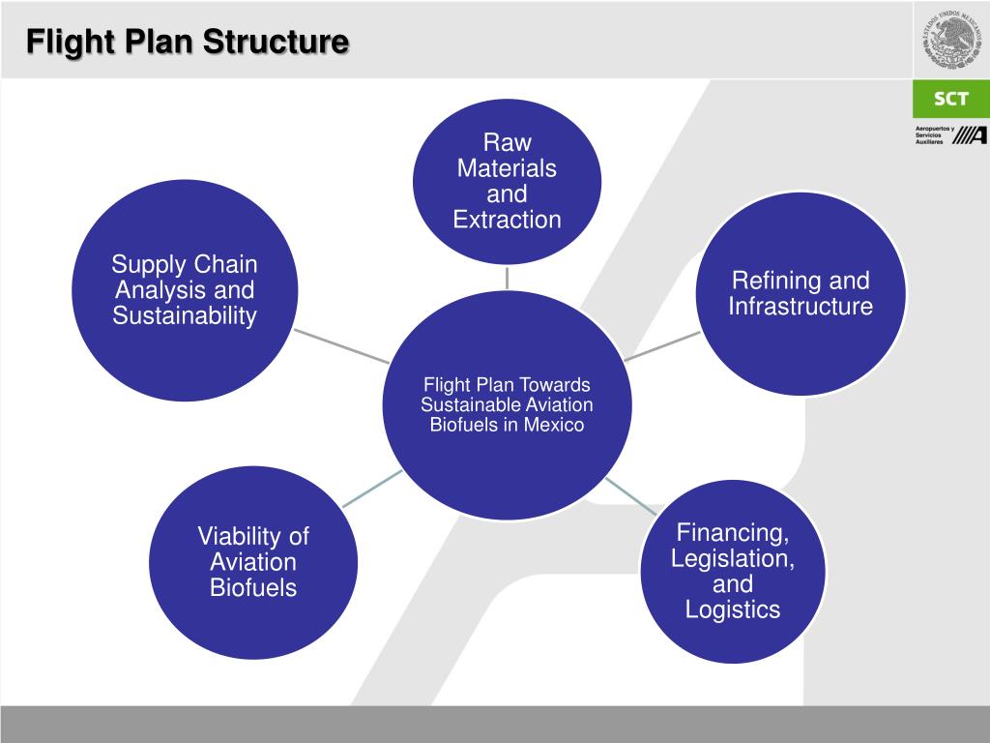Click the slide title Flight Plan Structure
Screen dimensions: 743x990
tap(187, 43)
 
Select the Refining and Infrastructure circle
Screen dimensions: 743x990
tap(801, 294)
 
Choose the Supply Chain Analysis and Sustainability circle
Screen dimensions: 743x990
tap(184, 290)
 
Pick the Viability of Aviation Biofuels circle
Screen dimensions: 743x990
tap(253, 562)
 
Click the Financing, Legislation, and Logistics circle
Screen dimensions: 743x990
tap(733, 571)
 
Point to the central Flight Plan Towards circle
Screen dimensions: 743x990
tap(507, 404)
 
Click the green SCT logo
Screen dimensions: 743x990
tap(951, 99)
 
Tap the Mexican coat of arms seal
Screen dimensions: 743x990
tap(951, 40)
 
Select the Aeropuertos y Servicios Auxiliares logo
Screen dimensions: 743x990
tap(951, 135)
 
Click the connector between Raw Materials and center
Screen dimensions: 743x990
tap(507, 277)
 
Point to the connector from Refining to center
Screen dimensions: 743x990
tap(662, 346)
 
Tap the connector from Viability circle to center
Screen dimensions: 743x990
tap(373, 488)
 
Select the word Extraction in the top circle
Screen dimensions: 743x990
tap(507, 220)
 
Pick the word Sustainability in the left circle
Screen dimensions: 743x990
tap(184, 316)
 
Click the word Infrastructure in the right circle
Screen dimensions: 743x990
tap(801, 308)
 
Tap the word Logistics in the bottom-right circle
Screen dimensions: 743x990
tap(733, 609)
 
